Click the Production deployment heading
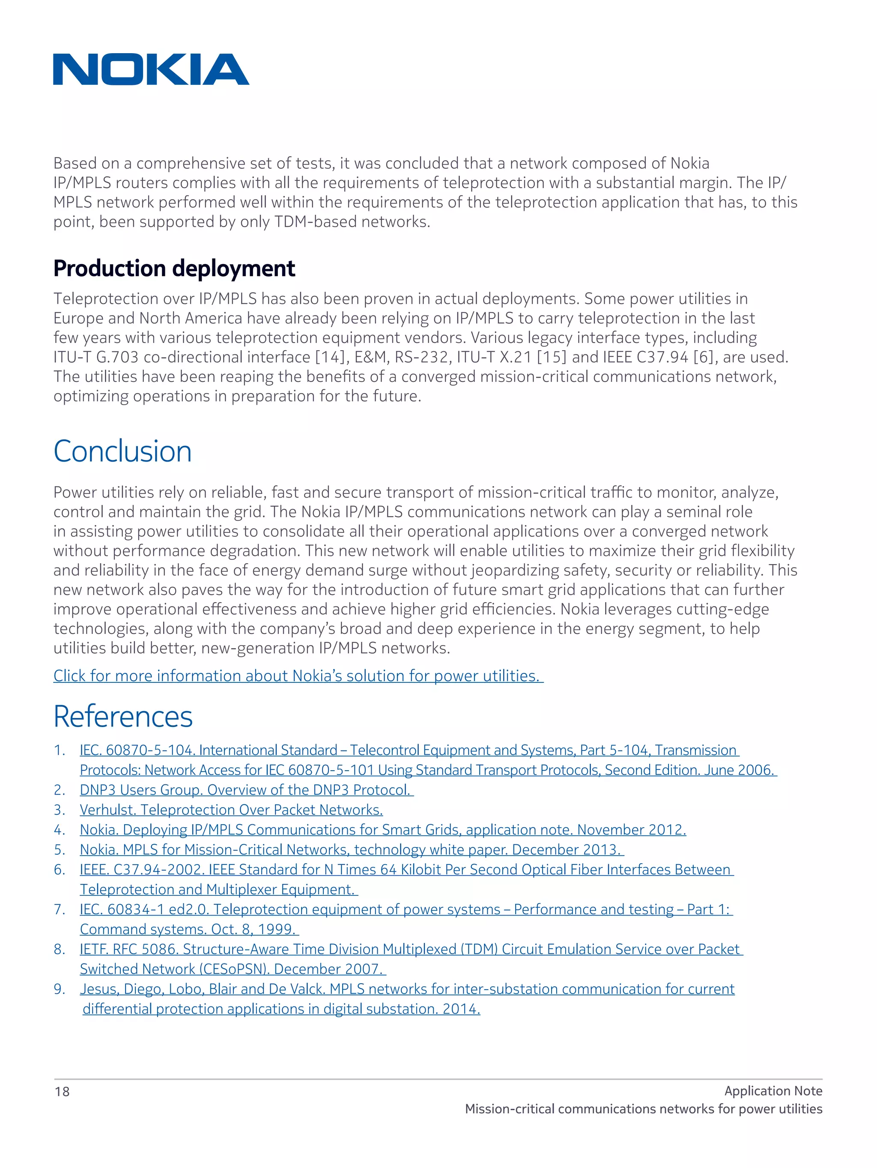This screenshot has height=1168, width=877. click(x=174, y=268)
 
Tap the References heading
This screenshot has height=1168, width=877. click(x=123, y=717)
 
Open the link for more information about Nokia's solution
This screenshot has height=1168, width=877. click(x=298, y=676)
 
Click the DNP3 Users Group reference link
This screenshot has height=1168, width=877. click(x=246, y=790)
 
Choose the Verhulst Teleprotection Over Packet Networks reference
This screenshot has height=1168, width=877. click(x=231, y=810)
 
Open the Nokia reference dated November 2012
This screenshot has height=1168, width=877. click(x=382, y=830)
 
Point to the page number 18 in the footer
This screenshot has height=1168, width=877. click(x=62, y=1091)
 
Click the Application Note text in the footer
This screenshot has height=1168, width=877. click(x=773, y=1091)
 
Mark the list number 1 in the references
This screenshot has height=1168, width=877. click(x=59, y=751)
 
